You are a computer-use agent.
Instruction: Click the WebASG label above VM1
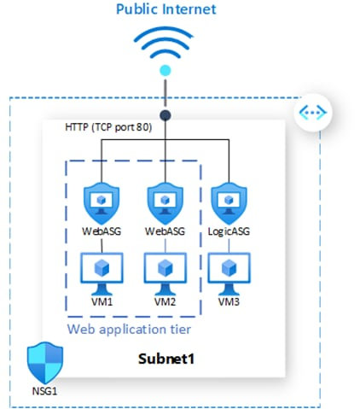102,231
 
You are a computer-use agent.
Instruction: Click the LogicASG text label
228,231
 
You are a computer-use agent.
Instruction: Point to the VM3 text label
228,301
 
